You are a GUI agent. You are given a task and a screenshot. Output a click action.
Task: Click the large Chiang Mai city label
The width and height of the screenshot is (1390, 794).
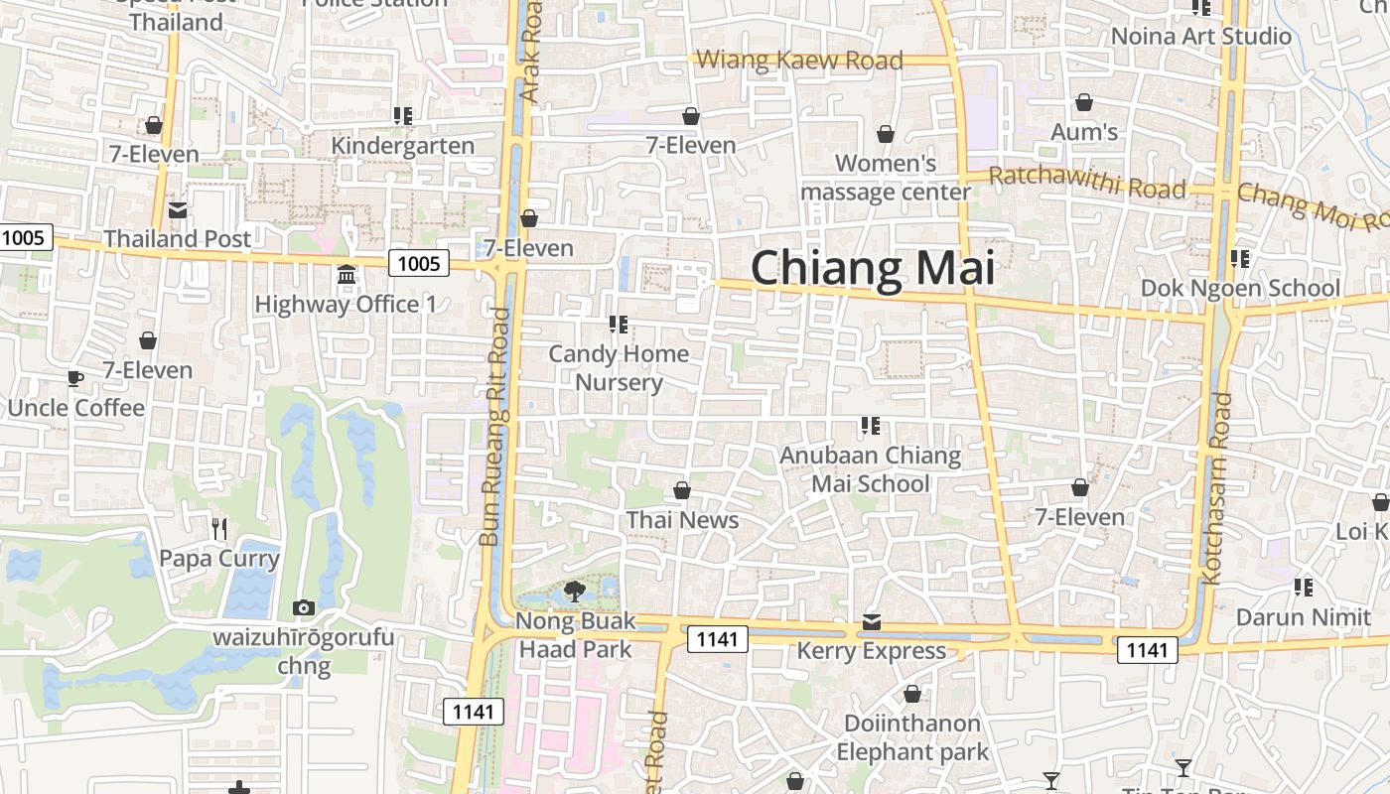[873, 269]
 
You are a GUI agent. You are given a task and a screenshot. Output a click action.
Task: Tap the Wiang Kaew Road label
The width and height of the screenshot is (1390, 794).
[799, 61]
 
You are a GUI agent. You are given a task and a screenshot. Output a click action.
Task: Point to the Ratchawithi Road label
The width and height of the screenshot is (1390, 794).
[1088, 183]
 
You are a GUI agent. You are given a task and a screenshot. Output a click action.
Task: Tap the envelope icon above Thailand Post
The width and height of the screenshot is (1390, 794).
[178, 210]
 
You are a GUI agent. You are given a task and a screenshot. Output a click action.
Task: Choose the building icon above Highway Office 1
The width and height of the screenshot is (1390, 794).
[347, 274]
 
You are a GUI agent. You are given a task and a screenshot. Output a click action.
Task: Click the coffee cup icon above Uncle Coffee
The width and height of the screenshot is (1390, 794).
[74, 378]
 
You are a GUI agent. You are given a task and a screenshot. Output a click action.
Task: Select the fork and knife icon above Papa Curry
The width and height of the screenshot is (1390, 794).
[219, 528]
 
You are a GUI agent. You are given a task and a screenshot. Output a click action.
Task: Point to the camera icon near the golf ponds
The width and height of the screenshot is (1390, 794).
[304, 607]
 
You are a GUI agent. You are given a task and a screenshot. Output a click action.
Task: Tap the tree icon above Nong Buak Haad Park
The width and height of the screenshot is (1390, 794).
[574, 593]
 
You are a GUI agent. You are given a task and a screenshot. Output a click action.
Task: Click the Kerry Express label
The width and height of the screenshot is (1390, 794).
[872, 651]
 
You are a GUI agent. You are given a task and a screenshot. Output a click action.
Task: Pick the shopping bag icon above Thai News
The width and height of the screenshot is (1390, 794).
[682, 490]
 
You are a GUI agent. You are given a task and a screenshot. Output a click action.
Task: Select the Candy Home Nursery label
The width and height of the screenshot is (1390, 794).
[619, 368]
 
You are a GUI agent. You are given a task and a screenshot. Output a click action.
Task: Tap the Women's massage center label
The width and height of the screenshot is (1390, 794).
[886, 178]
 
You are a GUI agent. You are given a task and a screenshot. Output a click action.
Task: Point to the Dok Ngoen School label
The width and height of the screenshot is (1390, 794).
[1240, 288]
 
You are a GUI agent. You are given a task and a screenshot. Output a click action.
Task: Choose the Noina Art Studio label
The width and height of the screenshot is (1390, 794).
[1201, 37]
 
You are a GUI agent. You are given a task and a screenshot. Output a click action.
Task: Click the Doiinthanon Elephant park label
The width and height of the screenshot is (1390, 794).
[912, 737]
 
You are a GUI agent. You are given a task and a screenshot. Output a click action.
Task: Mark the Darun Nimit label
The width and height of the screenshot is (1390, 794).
[1303, 617]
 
